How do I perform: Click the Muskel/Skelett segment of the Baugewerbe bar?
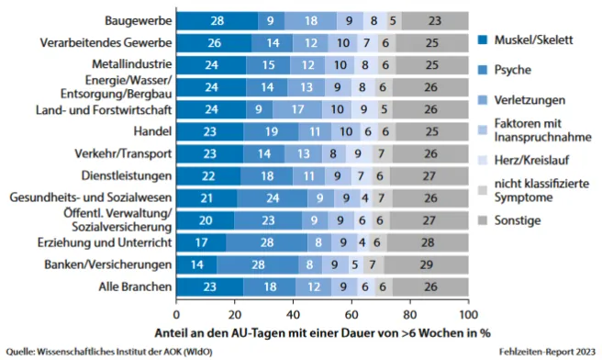[217, 19]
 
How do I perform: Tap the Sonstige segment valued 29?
[426, 264]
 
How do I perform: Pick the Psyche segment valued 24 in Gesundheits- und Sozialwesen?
[273, 197]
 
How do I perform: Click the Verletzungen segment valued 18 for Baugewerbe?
[309, 19]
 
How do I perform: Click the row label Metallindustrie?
[129, 64]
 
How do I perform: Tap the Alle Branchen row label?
[134, 287]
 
